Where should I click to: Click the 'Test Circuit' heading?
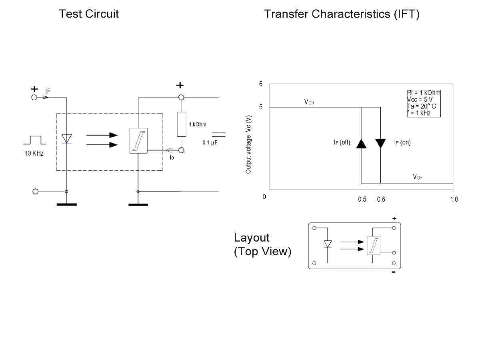[x=88, y=14]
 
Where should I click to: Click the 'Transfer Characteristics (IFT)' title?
[x=342, y=14]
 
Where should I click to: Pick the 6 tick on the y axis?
[x=261, y=84]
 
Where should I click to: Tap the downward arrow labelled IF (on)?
[x=380, y=143]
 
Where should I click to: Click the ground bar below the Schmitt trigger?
[x=138, y=205]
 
